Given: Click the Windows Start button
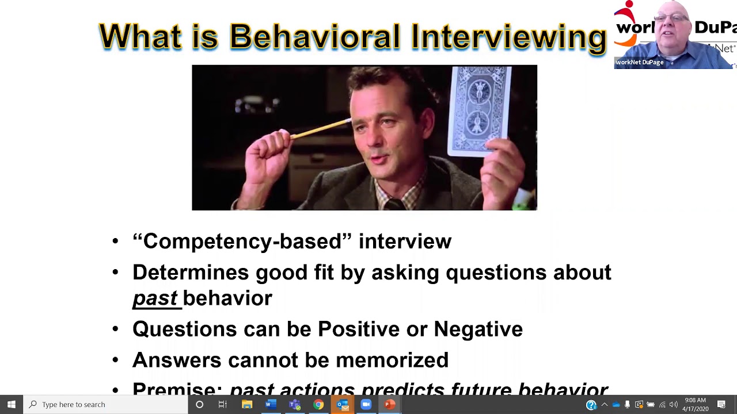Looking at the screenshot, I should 11,404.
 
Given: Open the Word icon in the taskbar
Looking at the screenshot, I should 271,404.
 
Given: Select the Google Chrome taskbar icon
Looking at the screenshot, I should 318,404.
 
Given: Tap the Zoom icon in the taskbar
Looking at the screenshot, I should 366,404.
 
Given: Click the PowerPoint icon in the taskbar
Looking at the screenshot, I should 390,404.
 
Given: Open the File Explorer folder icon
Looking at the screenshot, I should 247,404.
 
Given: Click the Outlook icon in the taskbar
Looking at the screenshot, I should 343,404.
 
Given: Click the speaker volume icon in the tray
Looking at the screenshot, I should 673,405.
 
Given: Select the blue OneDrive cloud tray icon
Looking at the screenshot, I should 616,405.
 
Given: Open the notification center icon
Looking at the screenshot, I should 721,404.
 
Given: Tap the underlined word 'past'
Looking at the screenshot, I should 155,298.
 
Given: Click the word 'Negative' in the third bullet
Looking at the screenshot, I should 478,329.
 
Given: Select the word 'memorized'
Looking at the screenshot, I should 392,360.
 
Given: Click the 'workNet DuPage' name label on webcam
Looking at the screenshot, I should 640,62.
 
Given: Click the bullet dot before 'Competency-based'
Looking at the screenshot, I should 115,241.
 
